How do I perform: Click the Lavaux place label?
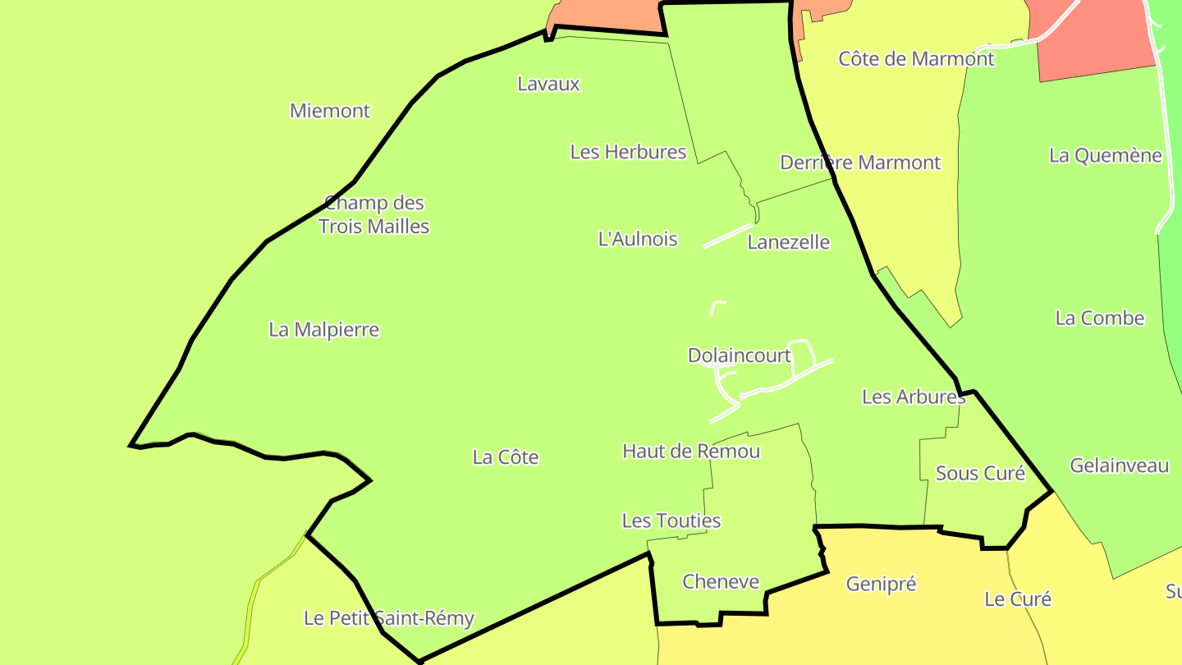click(x=548, y=84)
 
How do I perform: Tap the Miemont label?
click(x=330, y=111)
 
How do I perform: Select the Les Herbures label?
click(x=628, y=152)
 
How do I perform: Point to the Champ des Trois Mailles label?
click(x=374, y=214)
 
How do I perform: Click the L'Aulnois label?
click(x=638, y=239)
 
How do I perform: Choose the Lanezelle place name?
click(x=788, y=242)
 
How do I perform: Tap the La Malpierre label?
click(x=324, y=330)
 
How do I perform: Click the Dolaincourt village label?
click(x=739, y=355)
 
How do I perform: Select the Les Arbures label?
click(x=913, y=397)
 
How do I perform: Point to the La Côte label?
click(x=506, y=457)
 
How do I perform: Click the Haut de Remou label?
click(x=691, y=451)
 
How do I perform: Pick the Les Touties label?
click(x=671, y=521)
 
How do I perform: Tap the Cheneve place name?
click(x=721, y=582)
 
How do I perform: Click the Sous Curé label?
click(x=980, y=474)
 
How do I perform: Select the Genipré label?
click(x=881, y=585)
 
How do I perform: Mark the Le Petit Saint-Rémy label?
click(x=389, y=618)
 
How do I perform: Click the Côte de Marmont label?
click(x=916, y=59)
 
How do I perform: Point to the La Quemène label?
click(x=1105, y=155)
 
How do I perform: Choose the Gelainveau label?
click(x=1119, y=466)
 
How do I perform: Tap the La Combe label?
click(x=1099, y=319)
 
